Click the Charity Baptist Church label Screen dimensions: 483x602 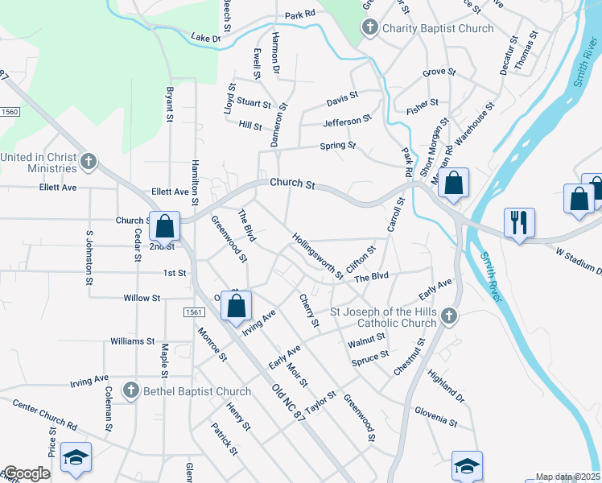(x=437, y=29)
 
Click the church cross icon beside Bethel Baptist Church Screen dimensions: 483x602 (x=130, y=390)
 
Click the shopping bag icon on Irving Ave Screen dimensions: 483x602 (x=236, y=307)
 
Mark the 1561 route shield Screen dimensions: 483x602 (x=192, y=312)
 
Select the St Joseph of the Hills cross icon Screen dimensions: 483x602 (x=450, y=316)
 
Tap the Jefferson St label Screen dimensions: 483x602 (x=347, y=121)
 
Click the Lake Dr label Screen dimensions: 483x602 (x=205, y=37)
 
